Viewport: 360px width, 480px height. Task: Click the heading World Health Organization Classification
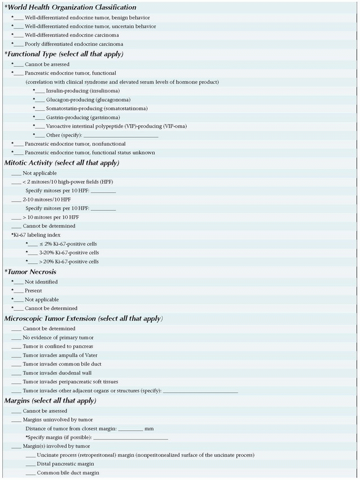click(x=71, y=7)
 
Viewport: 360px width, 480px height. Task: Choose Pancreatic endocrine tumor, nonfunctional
click(x=75, y=144)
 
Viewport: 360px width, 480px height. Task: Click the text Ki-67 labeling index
click(x=37, y=234)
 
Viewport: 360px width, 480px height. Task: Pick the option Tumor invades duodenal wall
click(x=57, y=373)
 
